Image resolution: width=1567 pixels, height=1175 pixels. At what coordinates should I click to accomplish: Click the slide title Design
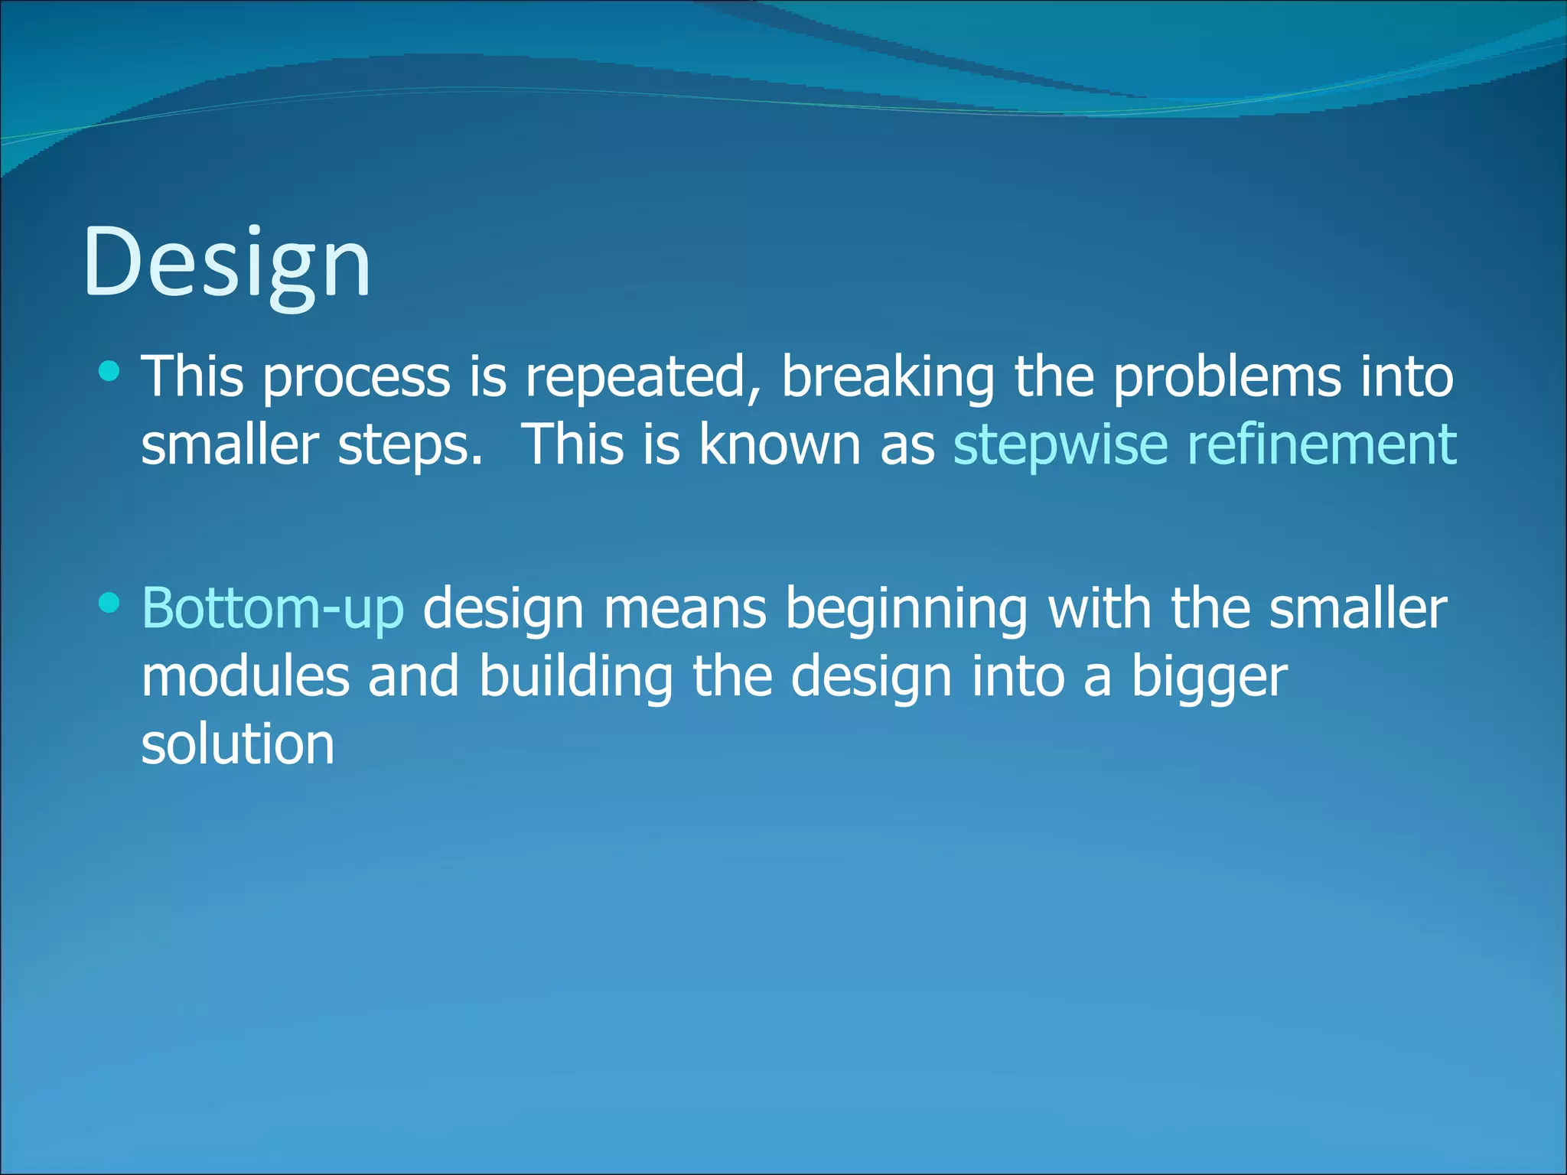point(226,262)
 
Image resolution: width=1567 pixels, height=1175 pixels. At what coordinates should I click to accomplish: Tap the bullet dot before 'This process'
point(110,373)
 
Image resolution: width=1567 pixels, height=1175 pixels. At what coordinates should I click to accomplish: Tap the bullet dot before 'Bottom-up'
point(110,604)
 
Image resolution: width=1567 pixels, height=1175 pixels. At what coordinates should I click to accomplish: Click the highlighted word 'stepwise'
point(1060,444)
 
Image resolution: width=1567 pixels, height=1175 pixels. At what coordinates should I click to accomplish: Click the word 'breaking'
point(888,377)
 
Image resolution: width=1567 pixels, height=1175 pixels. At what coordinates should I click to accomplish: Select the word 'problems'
point(1227,377)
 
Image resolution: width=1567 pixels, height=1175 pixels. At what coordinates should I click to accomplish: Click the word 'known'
point(780,444)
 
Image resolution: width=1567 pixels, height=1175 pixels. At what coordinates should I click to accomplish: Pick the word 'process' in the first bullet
point(357,379)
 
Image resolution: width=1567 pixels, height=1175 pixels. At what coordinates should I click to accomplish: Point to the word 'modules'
point(245,676)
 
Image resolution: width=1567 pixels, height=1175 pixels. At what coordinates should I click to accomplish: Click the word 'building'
point(576,678)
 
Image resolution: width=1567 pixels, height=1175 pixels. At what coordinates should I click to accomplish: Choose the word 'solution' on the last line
point(238,744)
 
